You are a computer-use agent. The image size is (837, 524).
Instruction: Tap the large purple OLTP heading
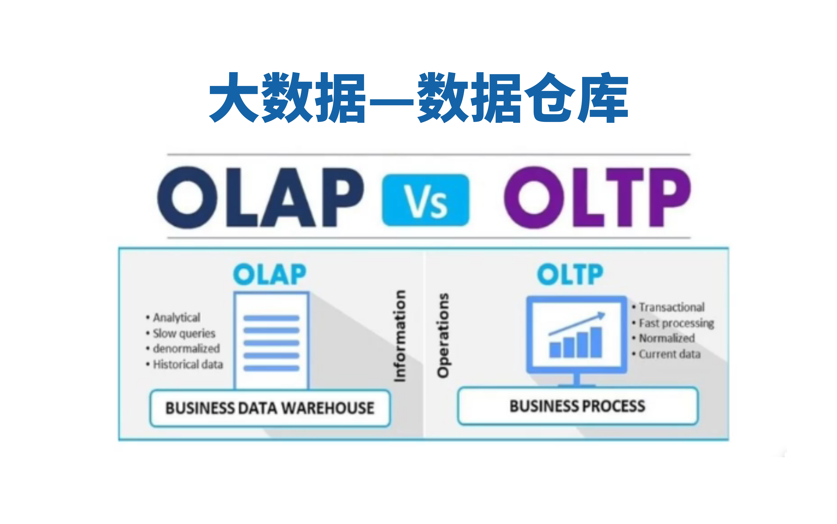click(597, 198)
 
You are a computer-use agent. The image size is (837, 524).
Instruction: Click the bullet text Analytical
click(176, 317)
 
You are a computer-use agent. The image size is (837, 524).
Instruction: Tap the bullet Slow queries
click(184, 333)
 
